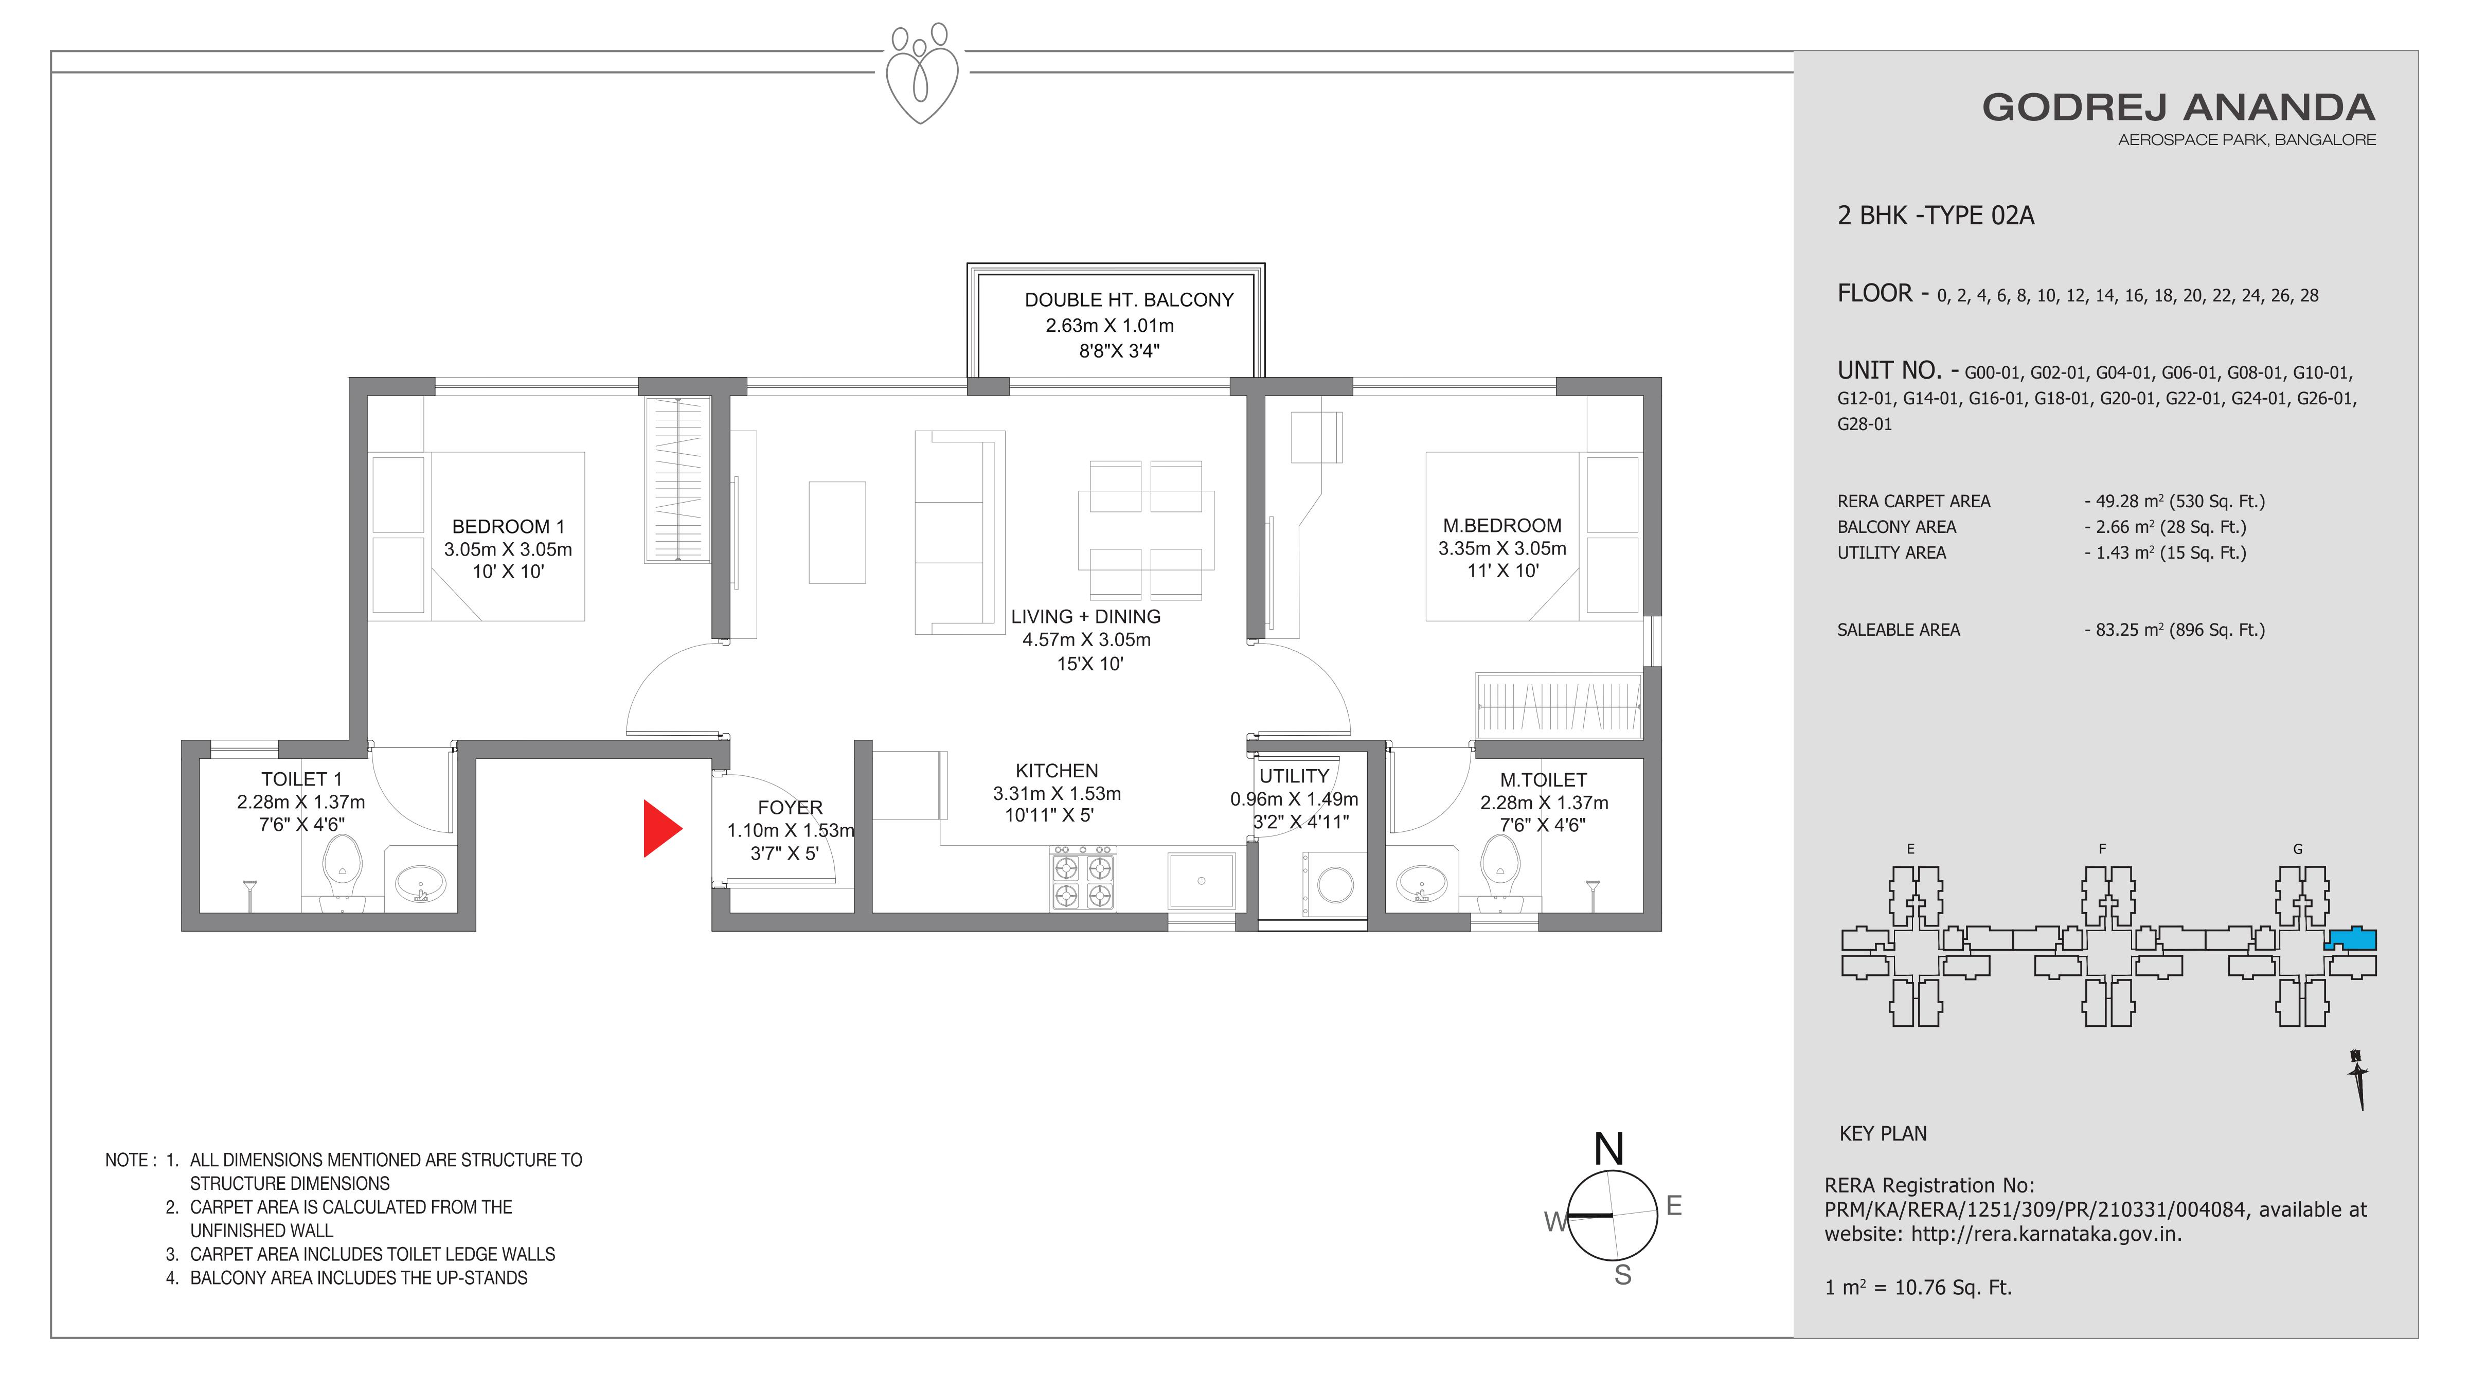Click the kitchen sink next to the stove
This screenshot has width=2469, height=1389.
tap(1201, 880)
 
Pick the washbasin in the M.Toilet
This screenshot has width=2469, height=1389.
tap(1421, 882)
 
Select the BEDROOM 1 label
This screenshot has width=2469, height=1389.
tap(508, 526)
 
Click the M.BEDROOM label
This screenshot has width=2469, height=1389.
tap(1502, 525)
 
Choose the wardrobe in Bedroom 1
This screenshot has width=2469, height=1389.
tap(677, 479)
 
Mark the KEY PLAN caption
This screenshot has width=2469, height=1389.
tap(1883, 1133)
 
